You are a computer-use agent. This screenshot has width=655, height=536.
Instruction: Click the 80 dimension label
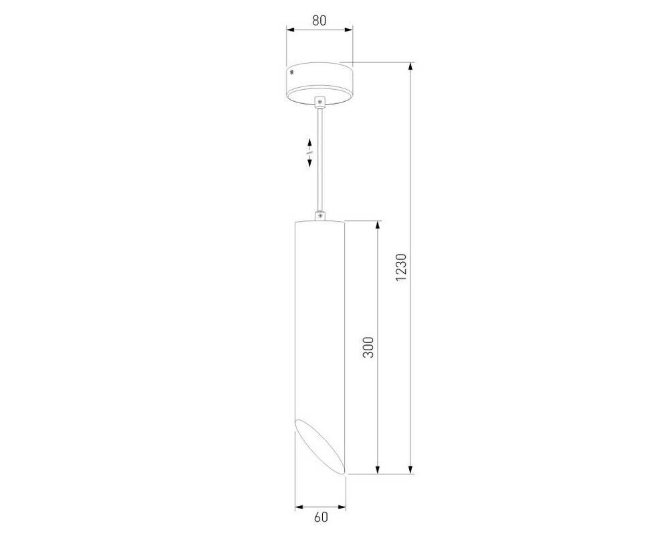(x=319, y=20)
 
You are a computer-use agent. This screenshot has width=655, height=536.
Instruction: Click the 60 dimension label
(x=321, y=517)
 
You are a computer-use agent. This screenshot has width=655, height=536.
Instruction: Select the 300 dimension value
(x=368, y=347)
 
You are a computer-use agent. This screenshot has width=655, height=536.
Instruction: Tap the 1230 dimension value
(x=401, y=267)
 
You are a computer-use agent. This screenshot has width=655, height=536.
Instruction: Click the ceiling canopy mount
(x=319, y=84)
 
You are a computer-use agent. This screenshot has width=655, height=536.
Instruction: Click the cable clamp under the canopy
(x=320, y=103)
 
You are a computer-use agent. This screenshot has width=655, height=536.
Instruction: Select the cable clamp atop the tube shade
(x=320, y=216)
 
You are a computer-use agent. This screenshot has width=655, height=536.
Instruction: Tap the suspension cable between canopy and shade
(x=320, y=159)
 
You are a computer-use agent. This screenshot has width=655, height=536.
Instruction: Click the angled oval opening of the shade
(x=320, y=446)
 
